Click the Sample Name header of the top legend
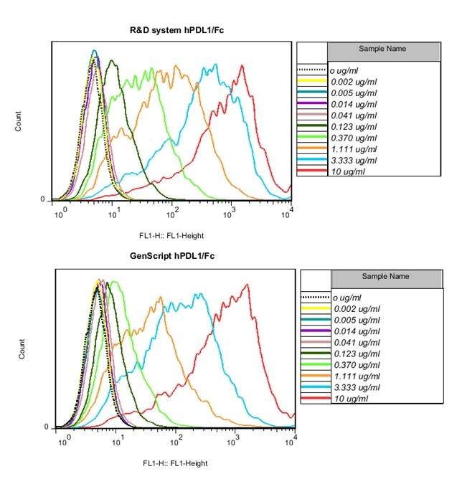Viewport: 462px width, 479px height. point(382,49)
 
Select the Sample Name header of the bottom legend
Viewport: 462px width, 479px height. point(386,276)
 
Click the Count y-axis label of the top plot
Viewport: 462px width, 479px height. point(19,123)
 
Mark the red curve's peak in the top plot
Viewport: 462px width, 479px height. point(243,66)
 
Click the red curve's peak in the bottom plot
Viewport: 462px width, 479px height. point(247,285)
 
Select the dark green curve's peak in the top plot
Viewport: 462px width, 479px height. point(111,61)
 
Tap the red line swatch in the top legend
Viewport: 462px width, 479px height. point(312,171)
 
